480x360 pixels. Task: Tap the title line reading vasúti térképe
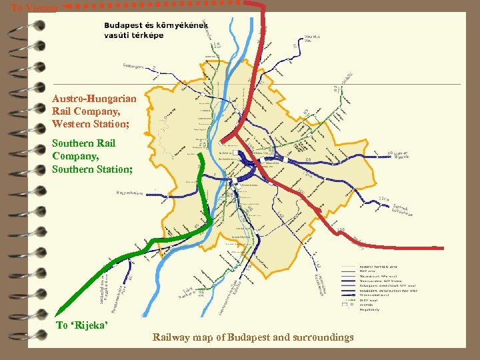pyautogui.click(x=134, y=35)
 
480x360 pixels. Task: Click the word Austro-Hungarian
pyautogui.click(x=94, y=98)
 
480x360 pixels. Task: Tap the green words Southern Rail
pyautogui.click(x=83, y=143)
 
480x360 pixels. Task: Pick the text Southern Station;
pyautogui.click(x=92, y=169)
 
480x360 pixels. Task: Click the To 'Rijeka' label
pyautogui.click(x=81, y=325)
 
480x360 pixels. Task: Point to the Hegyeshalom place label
pyautogui.click(x=125, y=193)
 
